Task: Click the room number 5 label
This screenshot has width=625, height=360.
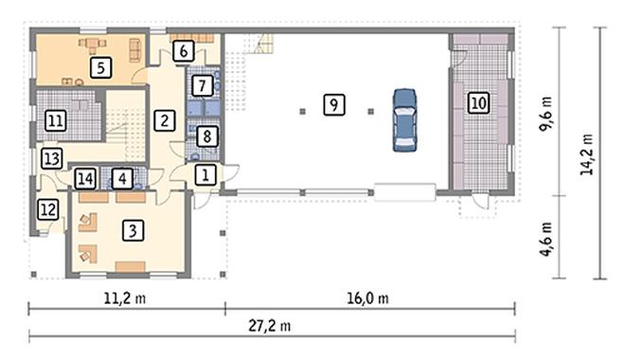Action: pyautogui.click(x=100, y=67)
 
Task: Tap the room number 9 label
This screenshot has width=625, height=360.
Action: pyautogui.click(x=334, y=105)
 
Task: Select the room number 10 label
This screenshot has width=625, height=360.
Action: pyautogui.click(x=478, y=103)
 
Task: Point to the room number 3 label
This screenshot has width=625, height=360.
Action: pyautogui.click(x=133, y=230)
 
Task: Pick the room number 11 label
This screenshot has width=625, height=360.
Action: pyautogui.click(x=56, y=120)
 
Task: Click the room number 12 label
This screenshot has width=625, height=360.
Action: pyautogui.click(x=48, y=209)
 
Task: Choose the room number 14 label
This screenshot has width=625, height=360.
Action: pyautogui.click(x=85, y=179)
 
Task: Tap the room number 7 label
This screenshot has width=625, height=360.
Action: pyautogui.click(x=202, y=85)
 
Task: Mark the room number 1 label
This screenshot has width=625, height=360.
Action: pyautogui.click(x=205, y=174)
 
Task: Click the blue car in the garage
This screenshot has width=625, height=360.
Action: pyautogui.click(x=404, y=119)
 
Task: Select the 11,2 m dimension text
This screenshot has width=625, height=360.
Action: pyautogui.click(x=125, y=298)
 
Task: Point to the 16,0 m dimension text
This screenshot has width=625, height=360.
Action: pyautogui.click(x=367, y=298)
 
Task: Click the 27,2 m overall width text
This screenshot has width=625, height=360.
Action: pyautogui.click(x=270, y=326)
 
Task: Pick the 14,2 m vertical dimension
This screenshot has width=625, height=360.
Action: pyautogui.click(x=587, y=153)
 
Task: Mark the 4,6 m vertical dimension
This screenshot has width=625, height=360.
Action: pyautogui.click(x=545, y=239)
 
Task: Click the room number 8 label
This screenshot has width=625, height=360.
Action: pyautogui.click(x=206, y=136)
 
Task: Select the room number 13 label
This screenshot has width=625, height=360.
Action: pyautogui.click(x=52, y=158)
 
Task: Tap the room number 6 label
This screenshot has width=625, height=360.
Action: pyautogui.click(x=184, y=51)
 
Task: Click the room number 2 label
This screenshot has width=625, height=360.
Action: pyautogui.click(x=164, y=120)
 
